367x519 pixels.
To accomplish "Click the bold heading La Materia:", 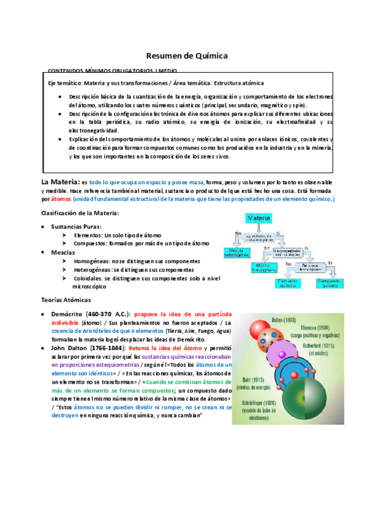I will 60,182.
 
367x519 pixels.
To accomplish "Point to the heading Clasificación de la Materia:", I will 80,212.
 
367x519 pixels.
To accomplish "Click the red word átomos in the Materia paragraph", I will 61,200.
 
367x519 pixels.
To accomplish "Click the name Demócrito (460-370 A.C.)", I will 95,313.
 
